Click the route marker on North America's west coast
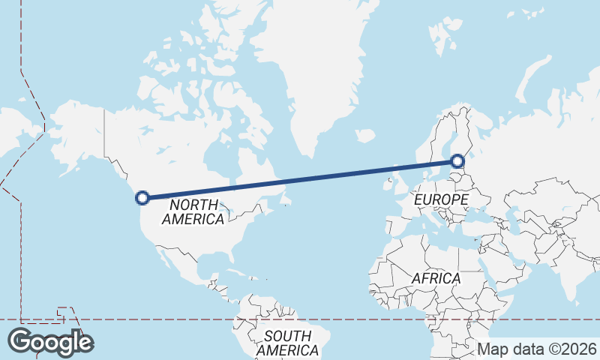click(x=142, y=198)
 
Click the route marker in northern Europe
click(x=457, y=160)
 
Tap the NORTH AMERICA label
click(x=193, y=211)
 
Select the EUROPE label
click(x=441, y=199)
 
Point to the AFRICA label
click(x=436, y=278)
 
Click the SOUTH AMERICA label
click(x=286, y=343)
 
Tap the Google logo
click(x=50, y=342)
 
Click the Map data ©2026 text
click(x=537, y=349)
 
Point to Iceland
click(x=365, y=136)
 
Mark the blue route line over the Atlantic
click(x=315, y=178)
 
